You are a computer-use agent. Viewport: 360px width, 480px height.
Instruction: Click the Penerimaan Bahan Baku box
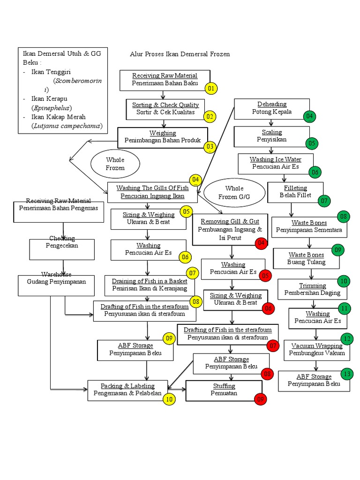[165, 80]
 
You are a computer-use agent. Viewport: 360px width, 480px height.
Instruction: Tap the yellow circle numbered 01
[211, 88]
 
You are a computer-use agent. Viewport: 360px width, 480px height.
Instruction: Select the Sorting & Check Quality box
[165, 109]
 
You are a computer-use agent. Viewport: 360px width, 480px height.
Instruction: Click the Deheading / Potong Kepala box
[272, 108]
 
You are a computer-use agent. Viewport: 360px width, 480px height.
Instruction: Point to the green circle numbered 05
[312, 143]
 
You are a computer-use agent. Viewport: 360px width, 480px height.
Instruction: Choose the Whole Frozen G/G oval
[234, 192]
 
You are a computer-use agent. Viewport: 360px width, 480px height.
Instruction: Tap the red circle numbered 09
[261, 399]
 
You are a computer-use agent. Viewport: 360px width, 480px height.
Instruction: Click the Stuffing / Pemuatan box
[224, 390]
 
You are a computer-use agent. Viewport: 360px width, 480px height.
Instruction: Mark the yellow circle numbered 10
[169, 399]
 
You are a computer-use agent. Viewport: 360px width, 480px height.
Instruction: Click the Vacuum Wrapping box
[316, 350]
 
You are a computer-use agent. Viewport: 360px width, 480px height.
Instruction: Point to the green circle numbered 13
[346, 374]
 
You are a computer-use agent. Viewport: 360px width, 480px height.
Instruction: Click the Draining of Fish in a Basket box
[149, 285]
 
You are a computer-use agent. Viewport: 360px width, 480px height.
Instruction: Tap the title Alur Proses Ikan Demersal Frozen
[180, 54]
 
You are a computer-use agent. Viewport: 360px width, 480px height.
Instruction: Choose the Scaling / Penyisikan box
[271, 136]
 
